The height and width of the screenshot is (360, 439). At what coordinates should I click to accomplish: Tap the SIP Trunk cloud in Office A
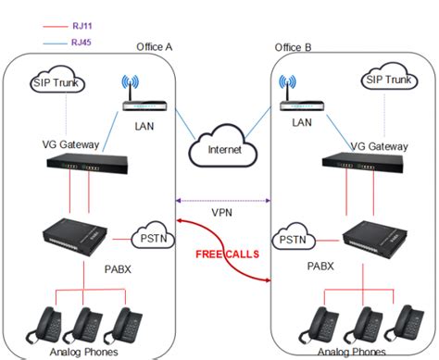point(56,84)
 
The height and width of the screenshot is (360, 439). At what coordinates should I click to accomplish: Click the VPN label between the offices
point(220,211)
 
